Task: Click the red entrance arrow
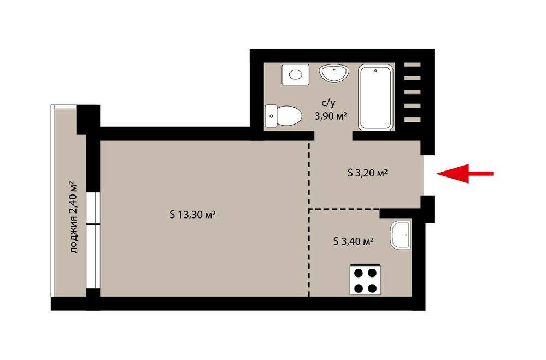[465, 173]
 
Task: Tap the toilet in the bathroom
[284, 116]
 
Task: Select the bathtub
[375, 97]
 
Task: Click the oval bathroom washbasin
[334, 73]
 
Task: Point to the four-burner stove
[365, 280]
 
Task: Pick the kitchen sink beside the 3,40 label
[401, 235]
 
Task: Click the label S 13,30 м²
[192, 215]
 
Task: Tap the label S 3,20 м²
[367, 173]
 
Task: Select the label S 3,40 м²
[354, 241]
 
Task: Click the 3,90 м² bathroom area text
[331, 116]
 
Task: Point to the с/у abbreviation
[328, 103]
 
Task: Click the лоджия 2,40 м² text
[73, 216]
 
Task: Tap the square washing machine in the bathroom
[296, 74]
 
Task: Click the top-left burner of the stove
[359, 273]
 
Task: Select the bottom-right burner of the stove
[372, 288]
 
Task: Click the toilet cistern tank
[271, 116]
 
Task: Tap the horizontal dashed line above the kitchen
[344, 209]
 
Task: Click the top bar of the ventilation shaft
[412, 64]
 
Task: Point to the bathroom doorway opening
[333, 136]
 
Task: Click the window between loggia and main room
[93, 240]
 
